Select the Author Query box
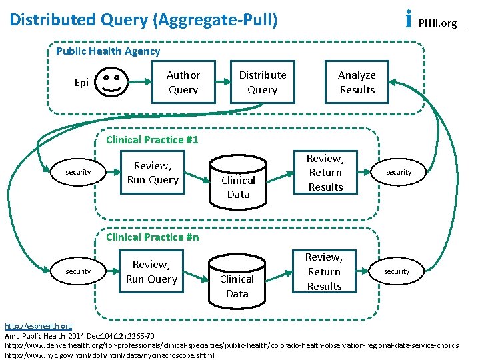[183, 83]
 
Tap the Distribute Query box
[262, 83]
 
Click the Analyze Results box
[357, 83]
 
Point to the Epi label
[81, 83]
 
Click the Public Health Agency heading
[108, 51]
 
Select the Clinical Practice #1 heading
[153, 140]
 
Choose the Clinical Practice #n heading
[153, 237]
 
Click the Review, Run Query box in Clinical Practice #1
[153, 173]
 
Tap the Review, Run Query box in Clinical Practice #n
[151, 272]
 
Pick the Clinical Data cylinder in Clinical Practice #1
[238, 181]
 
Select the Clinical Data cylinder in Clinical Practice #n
[237, 280]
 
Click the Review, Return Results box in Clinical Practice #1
[325, 173]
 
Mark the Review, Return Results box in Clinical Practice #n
[324, 272]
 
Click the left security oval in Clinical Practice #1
[78, 173]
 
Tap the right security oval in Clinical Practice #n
[397, 271]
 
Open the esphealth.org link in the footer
[39, 326]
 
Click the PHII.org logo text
[437, 23]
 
